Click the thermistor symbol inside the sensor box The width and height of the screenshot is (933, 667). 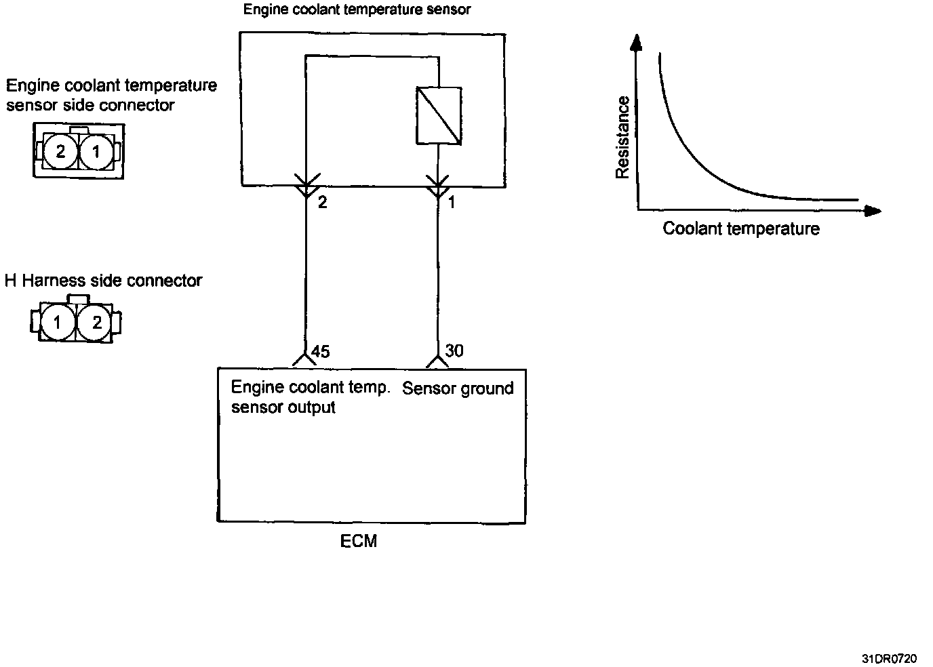pos(438,115)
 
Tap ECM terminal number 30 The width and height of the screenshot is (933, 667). pos(454,350)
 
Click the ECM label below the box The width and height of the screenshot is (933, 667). pos(358,541)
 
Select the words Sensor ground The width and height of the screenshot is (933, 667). pos(458,388)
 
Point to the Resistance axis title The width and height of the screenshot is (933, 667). pos(622,138)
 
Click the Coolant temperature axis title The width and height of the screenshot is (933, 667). pos(740,228)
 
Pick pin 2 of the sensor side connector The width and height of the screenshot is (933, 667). pos(61,151)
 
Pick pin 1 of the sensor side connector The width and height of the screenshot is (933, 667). pos(96,151)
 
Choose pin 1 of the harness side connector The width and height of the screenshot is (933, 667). pos(58,323)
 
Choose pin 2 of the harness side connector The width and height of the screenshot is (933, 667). pos(96,323)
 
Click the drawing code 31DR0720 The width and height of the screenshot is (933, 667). pos(889,658)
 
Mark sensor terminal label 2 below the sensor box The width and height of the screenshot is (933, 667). pos(323,202)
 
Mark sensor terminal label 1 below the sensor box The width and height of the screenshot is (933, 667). pos(452,202)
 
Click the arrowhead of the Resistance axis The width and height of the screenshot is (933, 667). pos(636,42)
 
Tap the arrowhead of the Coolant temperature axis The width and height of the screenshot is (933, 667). pos(873,211)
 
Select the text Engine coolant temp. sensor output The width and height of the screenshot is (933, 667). pos(310,397)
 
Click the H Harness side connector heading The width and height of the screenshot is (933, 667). pos(104,281)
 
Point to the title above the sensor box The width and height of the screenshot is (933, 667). pos(357,9)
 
